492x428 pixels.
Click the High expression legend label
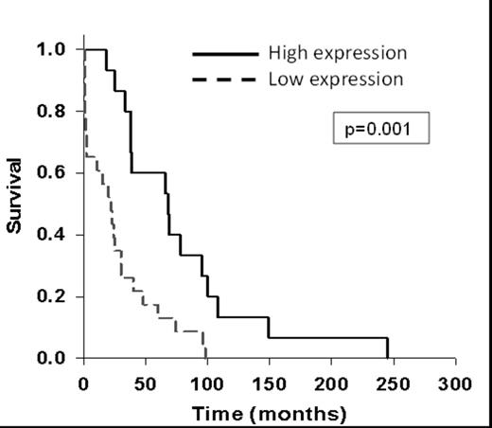(x=338, y=51)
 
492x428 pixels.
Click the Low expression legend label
(x=336, y=79)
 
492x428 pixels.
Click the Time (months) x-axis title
(x=270, y=414)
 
